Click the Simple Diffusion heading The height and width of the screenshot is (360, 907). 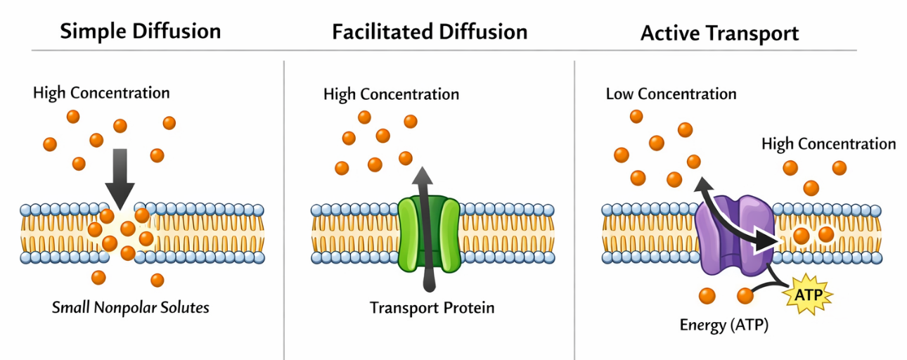pyautogui.click(x=141, y=32)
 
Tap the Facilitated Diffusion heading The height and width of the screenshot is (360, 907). pyautogui.click(x=430, y=32)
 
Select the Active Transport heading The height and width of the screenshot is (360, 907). pyautogui.click(x=719, y=33)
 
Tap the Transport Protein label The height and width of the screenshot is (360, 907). pyautogui.click(x=432, y=308)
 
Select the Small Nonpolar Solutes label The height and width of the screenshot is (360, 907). pyautogui.click(x=131, y=308)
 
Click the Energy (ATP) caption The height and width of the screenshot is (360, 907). pyautogui.click(x=723, y=325)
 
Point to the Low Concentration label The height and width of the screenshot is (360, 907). pyautogui.click(x=671, y=94)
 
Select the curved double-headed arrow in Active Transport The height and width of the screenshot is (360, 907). pyautogui.click(x=738, y=214)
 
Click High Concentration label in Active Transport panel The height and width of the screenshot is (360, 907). pyautogui.click(x=828, y=144)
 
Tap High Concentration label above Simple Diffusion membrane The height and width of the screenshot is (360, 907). pyautogui.click(x=101, y=93)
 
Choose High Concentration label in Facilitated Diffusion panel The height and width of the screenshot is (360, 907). pyautogui.click(x=391, y=94)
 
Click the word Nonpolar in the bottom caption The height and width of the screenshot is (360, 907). pyautogui.click(x=124, y=308)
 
